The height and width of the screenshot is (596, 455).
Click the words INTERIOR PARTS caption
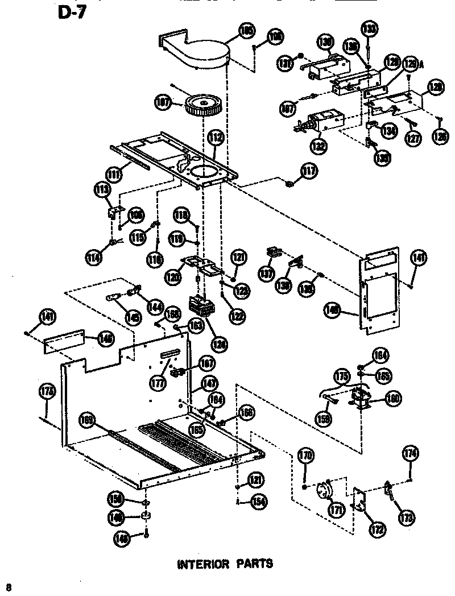[x=225, y=564]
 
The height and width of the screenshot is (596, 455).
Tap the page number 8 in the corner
[x=9, y=586]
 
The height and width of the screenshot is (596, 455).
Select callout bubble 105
[x=247, y=31]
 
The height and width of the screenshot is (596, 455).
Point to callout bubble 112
[x=216, y=138]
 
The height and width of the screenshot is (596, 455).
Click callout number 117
[x=309, y=172]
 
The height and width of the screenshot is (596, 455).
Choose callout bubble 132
[x=319, y=146]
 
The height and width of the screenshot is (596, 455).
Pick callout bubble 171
[x=336, y=510]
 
